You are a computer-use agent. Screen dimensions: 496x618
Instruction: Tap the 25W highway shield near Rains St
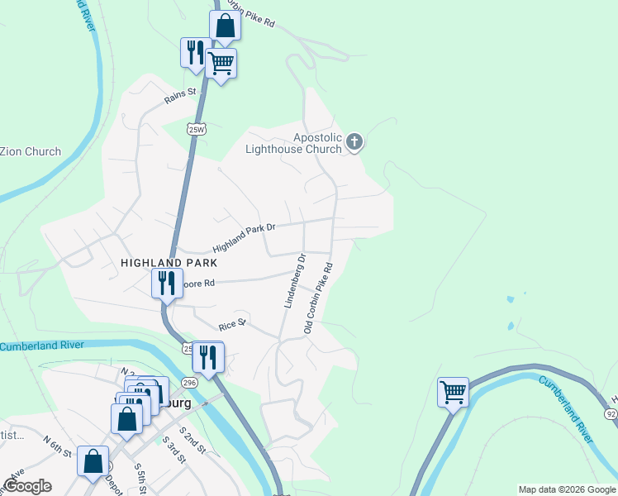[196, 129]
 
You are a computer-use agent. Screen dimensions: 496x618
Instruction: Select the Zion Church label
[31, 151]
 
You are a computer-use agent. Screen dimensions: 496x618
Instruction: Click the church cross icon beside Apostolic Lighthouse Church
[354, 142]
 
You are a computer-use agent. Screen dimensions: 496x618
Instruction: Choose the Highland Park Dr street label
[243, 237]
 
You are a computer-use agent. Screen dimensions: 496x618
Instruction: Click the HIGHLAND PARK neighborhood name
[169, 263]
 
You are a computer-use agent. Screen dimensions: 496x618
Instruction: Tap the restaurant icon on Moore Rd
[166, 283]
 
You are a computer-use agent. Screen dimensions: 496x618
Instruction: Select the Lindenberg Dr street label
[295, 281]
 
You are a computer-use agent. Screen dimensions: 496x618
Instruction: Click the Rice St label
[232, 325]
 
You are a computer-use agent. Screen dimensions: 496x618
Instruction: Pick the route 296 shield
[190, 382]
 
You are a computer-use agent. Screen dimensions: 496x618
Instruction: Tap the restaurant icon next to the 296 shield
[207, 357]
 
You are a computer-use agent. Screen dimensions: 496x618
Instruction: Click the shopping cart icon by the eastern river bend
[453, 392]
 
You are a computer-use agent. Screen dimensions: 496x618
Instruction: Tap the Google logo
[28, 486]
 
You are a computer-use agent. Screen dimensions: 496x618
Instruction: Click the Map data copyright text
[566, 489]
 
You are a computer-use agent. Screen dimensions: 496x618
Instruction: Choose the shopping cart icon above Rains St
[221, 63]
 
